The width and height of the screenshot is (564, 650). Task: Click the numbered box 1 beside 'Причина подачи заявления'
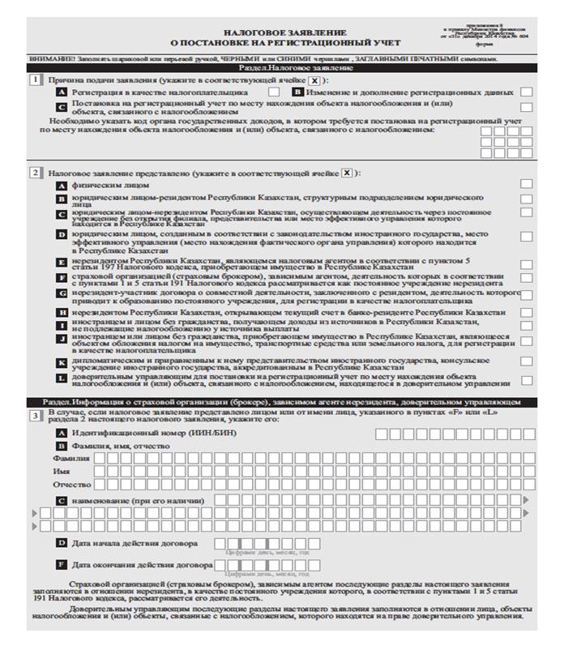(x=35, y=80)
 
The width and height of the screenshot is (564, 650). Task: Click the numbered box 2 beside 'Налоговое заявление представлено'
(x=35, y=173)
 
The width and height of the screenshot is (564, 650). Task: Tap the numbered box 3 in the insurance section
(x=35, y=415)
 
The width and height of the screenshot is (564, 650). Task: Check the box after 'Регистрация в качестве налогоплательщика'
(x=274, y=93)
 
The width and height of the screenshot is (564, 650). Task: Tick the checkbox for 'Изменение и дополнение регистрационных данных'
(x=527, y=93)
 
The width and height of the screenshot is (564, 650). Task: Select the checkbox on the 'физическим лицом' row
(x=527, y=185)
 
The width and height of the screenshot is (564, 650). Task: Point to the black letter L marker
(x=62, y=378)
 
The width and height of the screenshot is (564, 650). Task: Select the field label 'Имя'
(x=61, y=471)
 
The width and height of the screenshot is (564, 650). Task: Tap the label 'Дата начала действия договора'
(x=134, y=542)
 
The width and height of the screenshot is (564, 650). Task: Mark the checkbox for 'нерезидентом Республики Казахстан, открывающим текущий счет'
(x=527, y=312)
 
